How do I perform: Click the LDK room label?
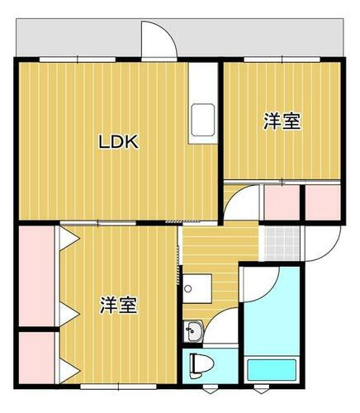[119, 142]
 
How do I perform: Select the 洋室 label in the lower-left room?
[119, 304]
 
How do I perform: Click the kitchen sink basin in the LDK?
[202, 122]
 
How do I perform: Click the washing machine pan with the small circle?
[197, 291]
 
